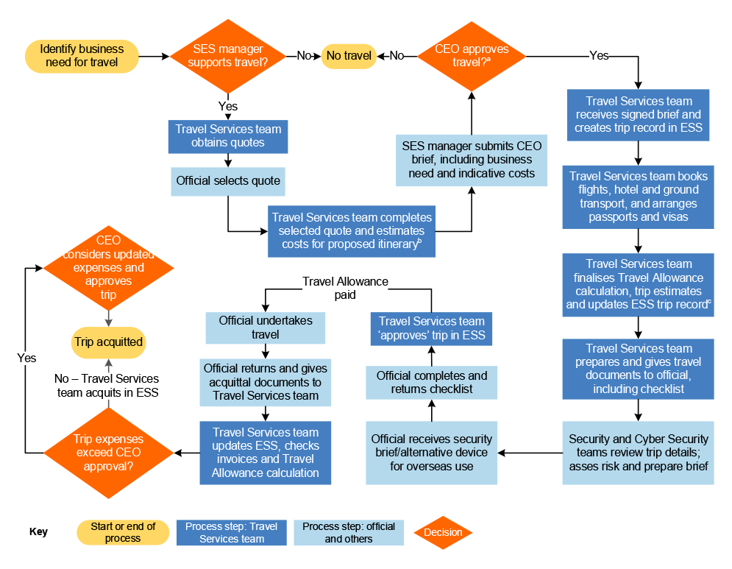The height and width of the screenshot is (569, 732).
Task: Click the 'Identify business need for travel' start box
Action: (82, 57)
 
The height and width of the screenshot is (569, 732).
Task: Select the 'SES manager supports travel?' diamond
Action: (228, 56)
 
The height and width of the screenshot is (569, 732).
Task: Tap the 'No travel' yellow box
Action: (349, 56)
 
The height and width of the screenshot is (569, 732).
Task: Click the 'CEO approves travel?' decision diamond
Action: (472, 56)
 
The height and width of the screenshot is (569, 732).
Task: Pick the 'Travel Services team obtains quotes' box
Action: (228, 136)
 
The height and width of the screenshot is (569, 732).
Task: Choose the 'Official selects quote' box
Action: (228, 180)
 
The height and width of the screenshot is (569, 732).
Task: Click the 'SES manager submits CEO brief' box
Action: (472, 160)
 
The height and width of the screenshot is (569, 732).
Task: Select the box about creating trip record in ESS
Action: (638, 115)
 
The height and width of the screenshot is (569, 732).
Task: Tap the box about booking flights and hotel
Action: (638, 197)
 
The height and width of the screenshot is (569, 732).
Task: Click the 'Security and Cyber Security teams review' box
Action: (638, 453)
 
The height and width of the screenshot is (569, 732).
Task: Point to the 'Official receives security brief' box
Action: (431, 453)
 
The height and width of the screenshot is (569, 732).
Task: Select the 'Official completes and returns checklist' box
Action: (431, 382)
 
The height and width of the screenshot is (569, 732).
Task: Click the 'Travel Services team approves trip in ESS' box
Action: (431, 328)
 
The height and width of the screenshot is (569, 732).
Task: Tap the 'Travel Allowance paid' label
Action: (345, 288)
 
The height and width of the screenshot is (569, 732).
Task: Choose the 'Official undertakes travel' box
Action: (266, 328)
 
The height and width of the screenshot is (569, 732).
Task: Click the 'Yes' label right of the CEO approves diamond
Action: (599, 56)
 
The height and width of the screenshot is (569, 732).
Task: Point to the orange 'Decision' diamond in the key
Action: (443, 532)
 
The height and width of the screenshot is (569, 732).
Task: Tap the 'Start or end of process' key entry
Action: (123, 532)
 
